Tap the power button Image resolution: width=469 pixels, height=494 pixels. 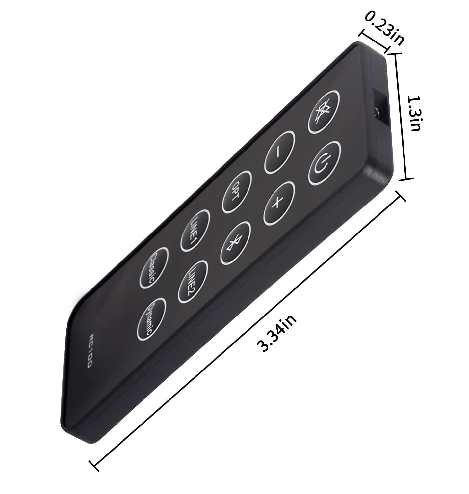(x=325, y=163)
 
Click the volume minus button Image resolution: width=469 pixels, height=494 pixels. (x=279, y=152)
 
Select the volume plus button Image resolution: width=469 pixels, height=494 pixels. (x=278, y=203)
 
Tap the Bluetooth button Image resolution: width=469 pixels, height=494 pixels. (x=235, y=243)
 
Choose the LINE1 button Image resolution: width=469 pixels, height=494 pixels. (x=195, y=231)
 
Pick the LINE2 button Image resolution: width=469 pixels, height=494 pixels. (x=193, y=282)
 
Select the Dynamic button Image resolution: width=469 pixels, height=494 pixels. (x=151, y=319)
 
